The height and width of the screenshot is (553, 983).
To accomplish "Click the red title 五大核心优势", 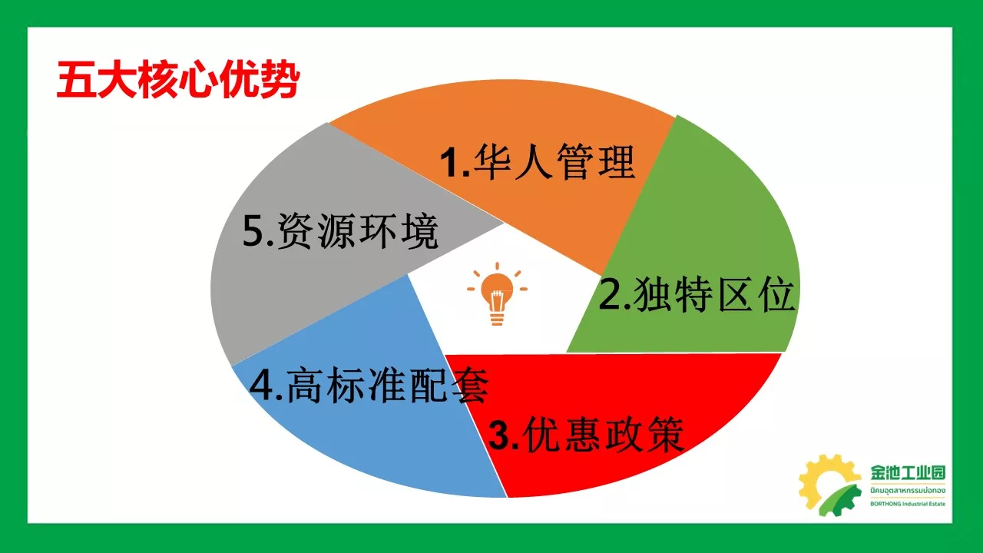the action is (x=178, y=80).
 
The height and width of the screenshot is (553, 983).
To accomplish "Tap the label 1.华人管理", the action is (x=538, y=161).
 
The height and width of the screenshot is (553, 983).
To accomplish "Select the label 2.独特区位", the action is (x=697, y=294).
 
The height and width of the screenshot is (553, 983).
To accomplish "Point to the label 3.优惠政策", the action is (x=586, y=434).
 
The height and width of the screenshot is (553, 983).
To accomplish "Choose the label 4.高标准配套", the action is (x=369, y=385).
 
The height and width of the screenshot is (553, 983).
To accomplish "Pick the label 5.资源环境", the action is (x=340, y=231).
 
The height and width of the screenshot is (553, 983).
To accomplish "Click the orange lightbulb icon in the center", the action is (x=497, y=293).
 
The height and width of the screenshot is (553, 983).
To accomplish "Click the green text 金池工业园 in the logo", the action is (x=908, y=472).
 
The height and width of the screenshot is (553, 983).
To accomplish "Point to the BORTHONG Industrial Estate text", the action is (x=908, y=504).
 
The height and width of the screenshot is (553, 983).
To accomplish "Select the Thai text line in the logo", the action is (x=908, y=490).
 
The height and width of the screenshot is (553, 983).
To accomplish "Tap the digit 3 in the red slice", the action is (x=499, y=435).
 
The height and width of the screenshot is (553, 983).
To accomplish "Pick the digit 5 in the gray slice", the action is (x=253, y=231).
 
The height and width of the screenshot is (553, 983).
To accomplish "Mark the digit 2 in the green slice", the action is (x=609, y=295).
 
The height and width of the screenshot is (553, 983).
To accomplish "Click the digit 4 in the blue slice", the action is (x=260, y=385).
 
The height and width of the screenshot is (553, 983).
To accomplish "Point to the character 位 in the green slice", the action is (x=776, y=294).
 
